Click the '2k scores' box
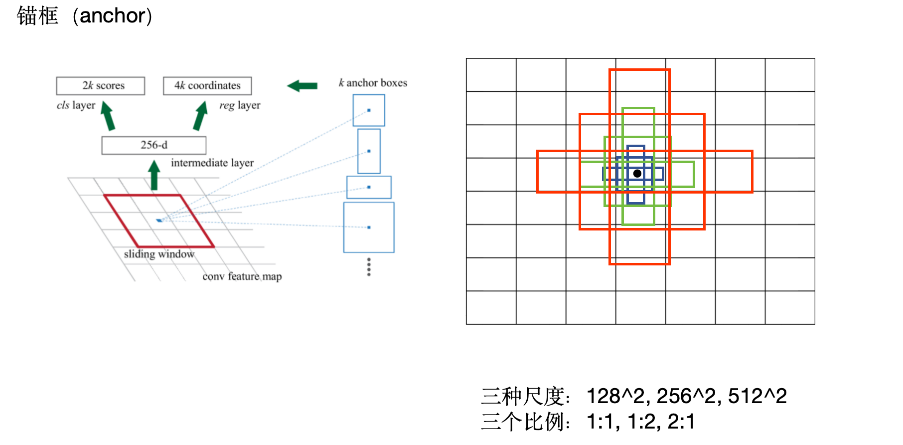point(101,86)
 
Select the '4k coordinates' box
point(207,86)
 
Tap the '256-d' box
point(153,145)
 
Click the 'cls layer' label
point(76,105)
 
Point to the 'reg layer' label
point(240,105)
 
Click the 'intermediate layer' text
point(212,163)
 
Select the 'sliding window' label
point(159,254)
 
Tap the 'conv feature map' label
point(242,276)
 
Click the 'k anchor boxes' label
point(373,83)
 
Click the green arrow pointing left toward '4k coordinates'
point(302,86)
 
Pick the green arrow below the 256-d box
point(154,175)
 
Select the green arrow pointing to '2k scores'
point(108,116)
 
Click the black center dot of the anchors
point(637,174)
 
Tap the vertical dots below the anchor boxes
point(369,267)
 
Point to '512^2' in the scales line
point(757,396)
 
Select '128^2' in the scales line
point(615,396)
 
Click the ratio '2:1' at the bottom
point(681,422)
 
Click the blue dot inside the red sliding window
point(159,220)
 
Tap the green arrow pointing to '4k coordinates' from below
point(200,116)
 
